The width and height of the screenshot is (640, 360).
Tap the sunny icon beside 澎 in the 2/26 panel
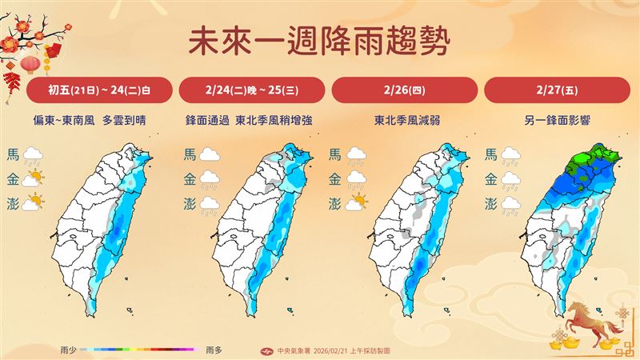point(358,202)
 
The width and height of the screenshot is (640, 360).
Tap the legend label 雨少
point(69,350)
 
